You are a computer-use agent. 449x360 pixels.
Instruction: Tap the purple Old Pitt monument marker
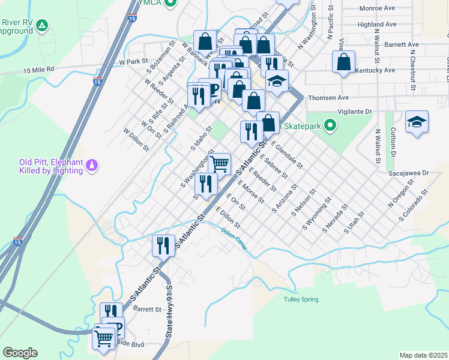(x=91, y=164)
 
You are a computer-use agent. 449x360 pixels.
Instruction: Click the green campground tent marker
(x=41, y=25)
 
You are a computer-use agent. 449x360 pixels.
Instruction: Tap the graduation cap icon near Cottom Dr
(x=417, y=122)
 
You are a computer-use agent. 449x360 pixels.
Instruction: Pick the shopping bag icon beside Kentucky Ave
(x=343, y=62)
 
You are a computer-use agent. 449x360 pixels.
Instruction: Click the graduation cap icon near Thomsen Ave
(x=277, y=82)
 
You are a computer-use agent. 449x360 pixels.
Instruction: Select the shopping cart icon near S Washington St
(x=220, y=163)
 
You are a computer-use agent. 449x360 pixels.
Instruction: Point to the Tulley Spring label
(x=301, y=299)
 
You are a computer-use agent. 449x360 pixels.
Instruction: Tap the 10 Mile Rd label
(x=39, y=69)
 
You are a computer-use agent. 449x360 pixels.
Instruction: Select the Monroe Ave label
(x=377, y=8)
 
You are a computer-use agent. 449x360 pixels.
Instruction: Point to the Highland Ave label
(x=376, y=25)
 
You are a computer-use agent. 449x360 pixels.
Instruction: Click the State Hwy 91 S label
(x=170, y=312)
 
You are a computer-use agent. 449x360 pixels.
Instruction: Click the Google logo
(x=20, y=353)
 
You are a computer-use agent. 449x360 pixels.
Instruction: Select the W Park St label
(x=133, y=61)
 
